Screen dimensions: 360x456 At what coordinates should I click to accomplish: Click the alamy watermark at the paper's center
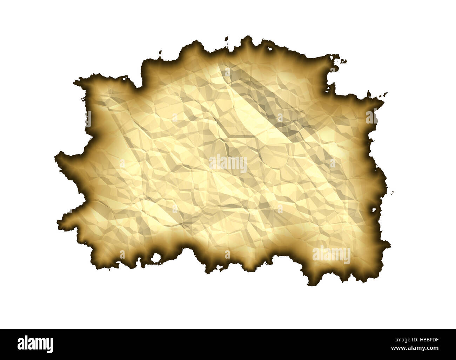[228, 164]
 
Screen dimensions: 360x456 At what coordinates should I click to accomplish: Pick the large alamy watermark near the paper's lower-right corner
[331, 255]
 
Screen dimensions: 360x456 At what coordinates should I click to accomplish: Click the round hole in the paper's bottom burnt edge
[155, 259]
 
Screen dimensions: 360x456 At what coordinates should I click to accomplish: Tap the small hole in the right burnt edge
[374, 211]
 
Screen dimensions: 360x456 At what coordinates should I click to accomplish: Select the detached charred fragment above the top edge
[227, 38]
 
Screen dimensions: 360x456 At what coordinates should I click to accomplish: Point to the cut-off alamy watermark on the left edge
[88, 119]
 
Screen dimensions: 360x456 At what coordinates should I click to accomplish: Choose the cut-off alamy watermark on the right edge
[371, 116]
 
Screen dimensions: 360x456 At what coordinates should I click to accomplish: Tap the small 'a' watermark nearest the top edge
[228, 73]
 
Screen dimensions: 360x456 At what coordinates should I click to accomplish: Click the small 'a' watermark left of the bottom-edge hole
[122, 254]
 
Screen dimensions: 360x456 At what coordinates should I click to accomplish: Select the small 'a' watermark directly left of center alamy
[122, 163]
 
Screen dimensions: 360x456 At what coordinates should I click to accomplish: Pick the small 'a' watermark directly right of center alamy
[333, 163]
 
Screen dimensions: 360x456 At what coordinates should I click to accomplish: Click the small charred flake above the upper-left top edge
[160, 53]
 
